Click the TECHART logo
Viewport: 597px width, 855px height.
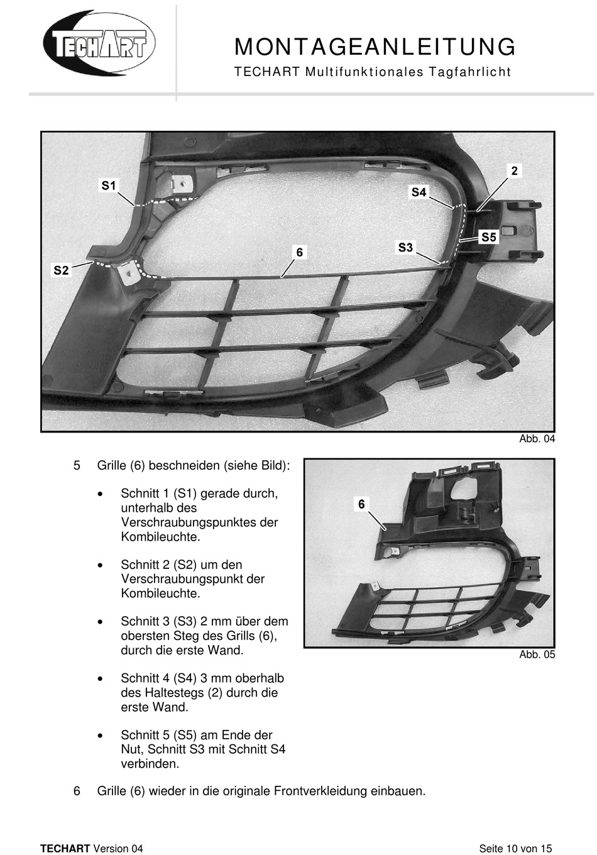pos(99,43)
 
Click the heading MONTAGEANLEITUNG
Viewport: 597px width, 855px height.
pos(375,47)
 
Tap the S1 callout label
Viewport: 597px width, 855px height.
pos(109,185)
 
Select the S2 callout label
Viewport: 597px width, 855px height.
pos(61,270)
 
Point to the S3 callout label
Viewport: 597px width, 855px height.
pos(405,247)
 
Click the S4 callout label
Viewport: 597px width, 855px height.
pos(419,192)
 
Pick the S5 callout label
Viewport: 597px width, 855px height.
pos(489,237)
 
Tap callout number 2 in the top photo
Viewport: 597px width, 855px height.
pos(515,170)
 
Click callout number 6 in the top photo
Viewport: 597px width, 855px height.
pos(300,252)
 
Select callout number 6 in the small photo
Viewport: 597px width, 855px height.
pos(361,504)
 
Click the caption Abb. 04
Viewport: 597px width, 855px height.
pos(537,439)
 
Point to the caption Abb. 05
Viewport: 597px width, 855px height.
pos(537,654)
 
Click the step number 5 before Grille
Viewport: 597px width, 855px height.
pos(77,466)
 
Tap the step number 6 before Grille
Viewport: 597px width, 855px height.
pos(77,791)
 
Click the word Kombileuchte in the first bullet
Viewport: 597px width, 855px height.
pos(160,537)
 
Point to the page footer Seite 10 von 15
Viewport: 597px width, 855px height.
pos(515,848)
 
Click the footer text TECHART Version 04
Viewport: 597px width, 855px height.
pos(92,848)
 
